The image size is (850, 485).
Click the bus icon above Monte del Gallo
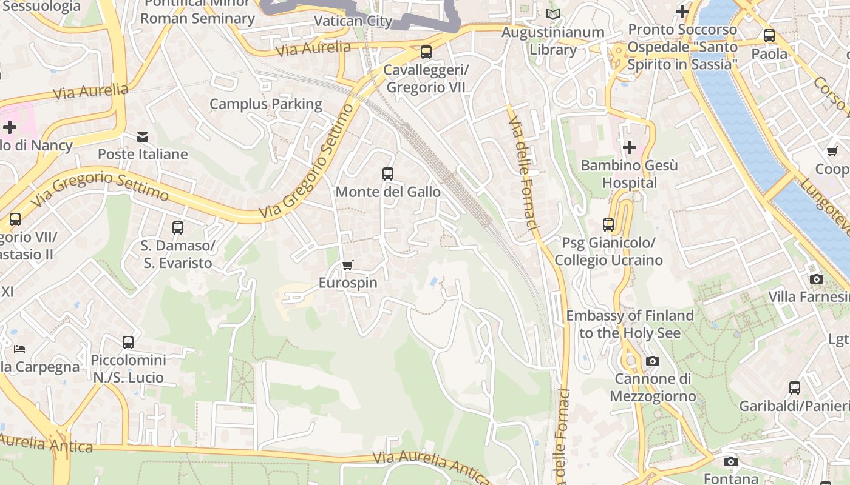tap(388, 174)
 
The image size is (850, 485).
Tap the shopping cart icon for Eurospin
tap(348, 265)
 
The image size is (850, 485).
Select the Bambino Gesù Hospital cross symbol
tap(630, 147)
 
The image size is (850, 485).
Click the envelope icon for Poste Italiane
tap(143, 137)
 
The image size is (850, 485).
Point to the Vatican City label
tap(353, 21)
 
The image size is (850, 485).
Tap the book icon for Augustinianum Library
tap(552, 14)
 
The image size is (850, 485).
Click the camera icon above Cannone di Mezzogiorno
tap(653, 361)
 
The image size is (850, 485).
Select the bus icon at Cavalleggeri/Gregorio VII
tap(426, 52)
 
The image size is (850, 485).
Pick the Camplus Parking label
tap(266, 104)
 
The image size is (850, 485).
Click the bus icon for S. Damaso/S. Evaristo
tap(177, 228)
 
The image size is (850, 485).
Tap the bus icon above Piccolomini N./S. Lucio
tap(128, 343)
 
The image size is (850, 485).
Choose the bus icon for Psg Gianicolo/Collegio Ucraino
tap(608, 225)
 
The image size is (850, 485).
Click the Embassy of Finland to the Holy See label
tap(630, 324)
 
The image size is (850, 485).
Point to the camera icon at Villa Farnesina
tap(817, 279)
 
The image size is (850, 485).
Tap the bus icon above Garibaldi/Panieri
tap(794, 388)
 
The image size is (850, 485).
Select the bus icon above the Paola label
tap(769, 36)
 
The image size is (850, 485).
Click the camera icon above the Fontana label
tap(731, 462)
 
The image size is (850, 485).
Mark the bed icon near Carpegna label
tap(19, 349)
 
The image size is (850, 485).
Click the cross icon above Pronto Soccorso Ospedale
tap(682, 12)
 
